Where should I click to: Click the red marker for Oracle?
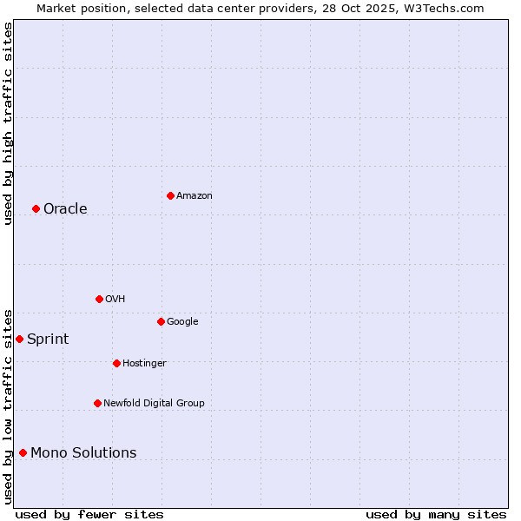36,208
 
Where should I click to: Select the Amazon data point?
170,195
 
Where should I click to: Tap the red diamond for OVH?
99,299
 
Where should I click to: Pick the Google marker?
161,321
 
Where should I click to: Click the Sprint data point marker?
19,339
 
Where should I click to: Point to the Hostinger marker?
116,363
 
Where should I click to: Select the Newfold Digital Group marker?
97,403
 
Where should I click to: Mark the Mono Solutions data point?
23,452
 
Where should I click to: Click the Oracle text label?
65,208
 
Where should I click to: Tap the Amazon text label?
195,195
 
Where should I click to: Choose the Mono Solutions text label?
83,452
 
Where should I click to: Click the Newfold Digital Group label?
154,403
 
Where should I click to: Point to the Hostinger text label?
144,363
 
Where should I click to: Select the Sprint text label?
48,339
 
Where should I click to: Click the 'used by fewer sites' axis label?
89,514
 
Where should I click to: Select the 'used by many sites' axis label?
436,514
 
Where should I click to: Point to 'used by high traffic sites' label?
8,123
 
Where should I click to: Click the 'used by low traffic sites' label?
8,406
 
